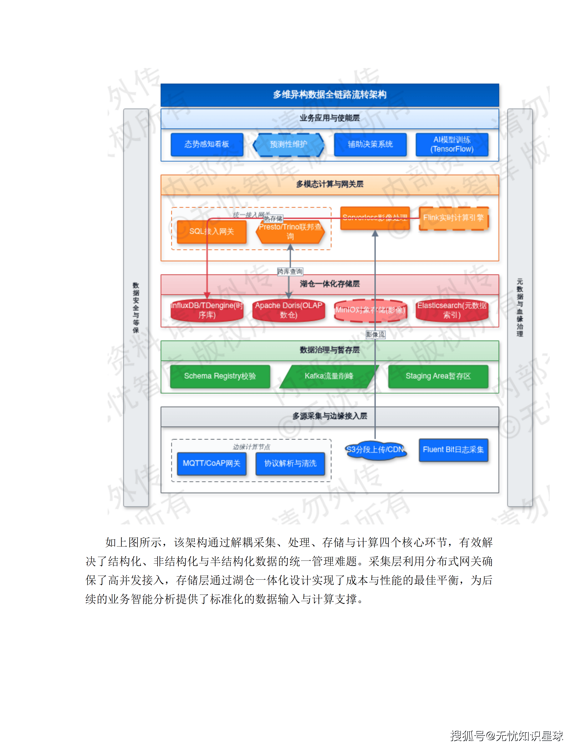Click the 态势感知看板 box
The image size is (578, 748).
tap(207, 144)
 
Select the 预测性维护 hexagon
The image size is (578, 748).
tap(288, 144)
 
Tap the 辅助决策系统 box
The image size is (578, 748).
tap(370, 144)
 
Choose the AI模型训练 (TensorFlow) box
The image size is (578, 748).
tap(452, 144)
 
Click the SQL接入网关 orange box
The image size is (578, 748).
tap(212, 232)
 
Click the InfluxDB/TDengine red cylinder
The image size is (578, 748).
tap(207, 310)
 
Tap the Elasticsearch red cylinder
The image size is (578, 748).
tap(452, 310)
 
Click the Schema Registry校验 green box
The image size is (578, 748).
tap(220, 376)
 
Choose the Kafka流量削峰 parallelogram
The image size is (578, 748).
tap(329, 376)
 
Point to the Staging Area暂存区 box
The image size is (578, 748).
tap(438, 376)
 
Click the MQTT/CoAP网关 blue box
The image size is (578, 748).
tap(212, 463)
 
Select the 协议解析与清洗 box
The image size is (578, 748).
tap(290, 463)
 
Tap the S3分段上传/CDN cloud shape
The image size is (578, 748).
tap(375, 450)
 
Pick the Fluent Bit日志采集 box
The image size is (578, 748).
tap(453, 450)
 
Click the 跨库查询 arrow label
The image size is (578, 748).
tap(290, 272)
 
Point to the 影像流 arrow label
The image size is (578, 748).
tap(375, 335)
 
